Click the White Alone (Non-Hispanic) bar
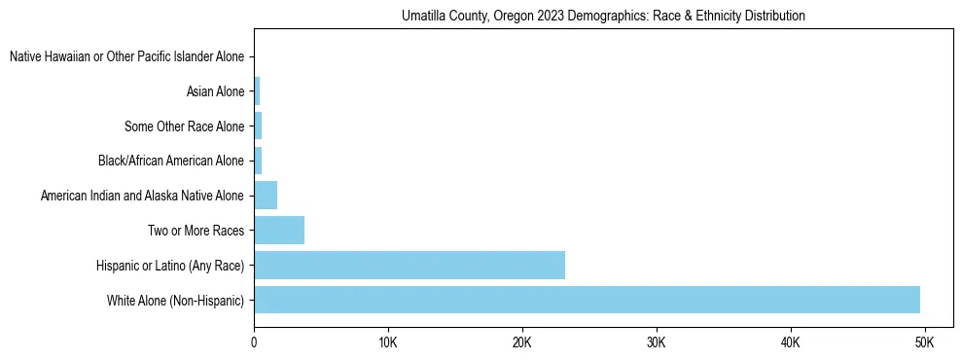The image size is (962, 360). pos(587,300)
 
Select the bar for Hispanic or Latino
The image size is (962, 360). pos(410,265)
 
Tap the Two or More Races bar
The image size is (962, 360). pos(279,231)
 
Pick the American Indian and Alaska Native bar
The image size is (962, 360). pos(266,196)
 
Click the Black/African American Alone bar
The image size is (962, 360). pos(258,161)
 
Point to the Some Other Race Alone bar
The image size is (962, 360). pos(258,126)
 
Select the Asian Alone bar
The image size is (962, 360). pos(257,91)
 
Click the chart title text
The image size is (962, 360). pos(604,17)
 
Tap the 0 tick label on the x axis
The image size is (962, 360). pos(254,342)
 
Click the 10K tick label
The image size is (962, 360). pos(388,342)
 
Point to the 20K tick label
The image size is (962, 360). pos(522,342)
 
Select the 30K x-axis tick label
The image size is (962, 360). pos(657,342)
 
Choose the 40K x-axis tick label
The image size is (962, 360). pos(790,342)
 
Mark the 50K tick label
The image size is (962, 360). pos(924,342)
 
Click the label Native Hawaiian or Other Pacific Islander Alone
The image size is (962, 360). pos(126,57)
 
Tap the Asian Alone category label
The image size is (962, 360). pos(215,91)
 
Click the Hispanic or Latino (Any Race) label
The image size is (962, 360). pos(170,265)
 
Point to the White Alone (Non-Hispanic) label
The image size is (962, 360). pos(176,300)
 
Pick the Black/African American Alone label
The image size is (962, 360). pos(171,161)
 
